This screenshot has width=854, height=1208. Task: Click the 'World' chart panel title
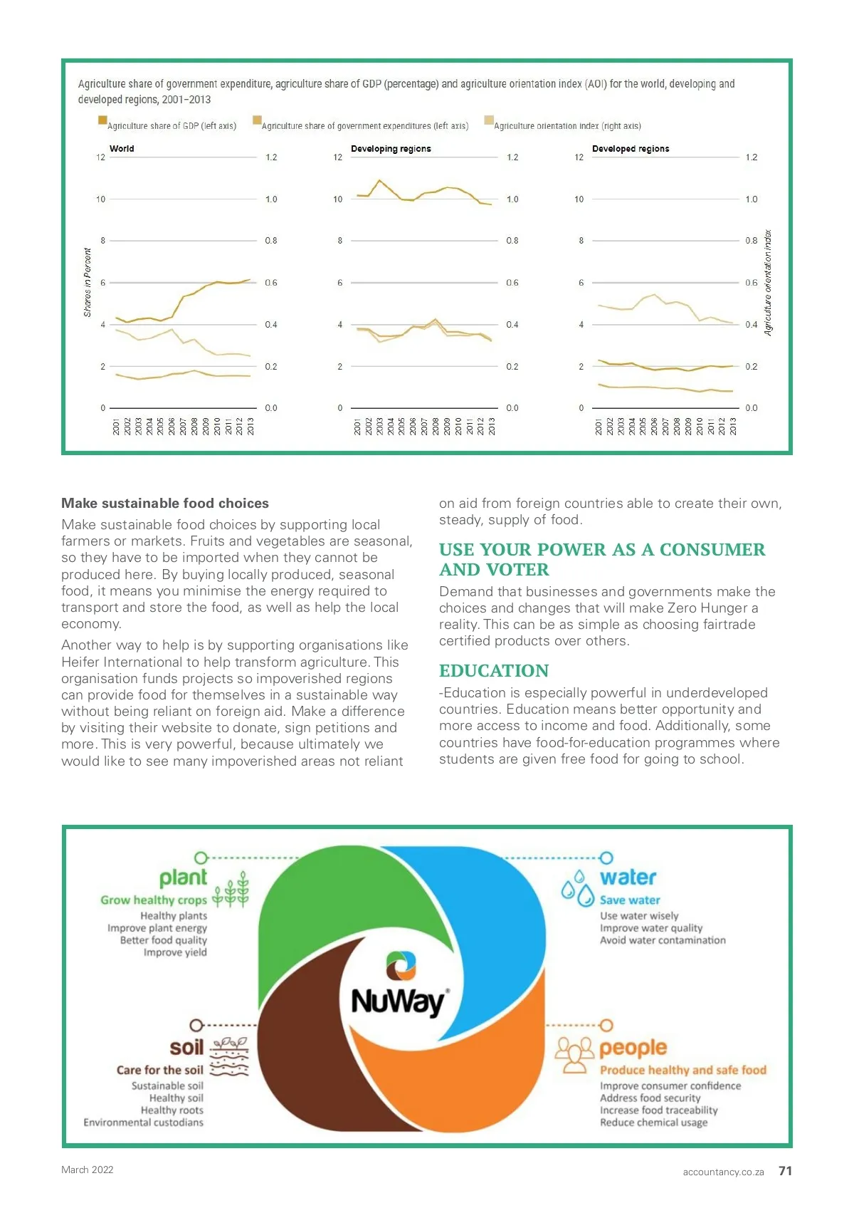click(122, 149)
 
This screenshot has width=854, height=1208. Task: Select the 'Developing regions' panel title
click(391, 149)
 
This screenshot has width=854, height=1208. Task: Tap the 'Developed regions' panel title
click(631, 149)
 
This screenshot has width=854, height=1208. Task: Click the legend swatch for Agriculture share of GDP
click(102, 120)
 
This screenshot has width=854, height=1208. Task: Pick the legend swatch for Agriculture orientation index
click(489, 120)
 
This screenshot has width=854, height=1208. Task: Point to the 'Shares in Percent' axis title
click(88, 282)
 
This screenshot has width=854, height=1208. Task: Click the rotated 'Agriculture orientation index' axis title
click(768, 282)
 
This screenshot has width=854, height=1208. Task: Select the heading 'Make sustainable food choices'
click(165, 504)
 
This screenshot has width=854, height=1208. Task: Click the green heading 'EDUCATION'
click(494, 671)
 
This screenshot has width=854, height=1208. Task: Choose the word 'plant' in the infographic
click(183, 878)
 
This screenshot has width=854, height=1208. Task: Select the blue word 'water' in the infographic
click(628, 878)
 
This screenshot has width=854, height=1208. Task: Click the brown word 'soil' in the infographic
click(186, 1048)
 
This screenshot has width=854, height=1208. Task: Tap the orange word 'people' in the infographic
click(633, 1048)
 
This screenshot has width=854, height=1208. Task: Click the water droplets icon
click(578, 889)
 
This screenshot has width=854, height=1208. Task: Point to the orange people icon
click(574, 1055)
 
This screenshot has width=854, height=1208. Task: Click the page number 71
click(785, 1171)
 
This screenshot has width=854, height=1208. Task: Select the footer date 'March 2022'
click(88, 1170)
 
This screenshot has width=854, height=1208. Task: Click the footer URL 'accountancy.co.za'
click(723, 1172)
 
